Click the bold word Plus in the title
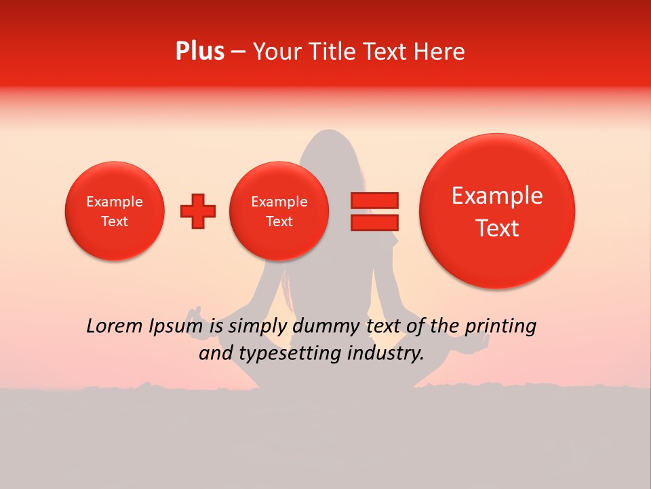pos(199,52)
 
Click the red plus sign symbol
pos(198,211)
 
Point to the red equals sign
pos(374,211)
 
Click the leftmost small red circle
pos(115,211)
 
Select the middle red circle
pos(279,211)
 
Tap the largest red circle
pos(497,211)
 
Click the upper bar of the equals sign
pos(374,200)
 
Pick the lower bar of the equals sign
pos(374,222)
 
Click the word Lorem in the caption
pos(115,327)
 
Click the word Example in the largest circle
pos(497,196)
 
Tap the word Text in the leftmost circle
pos(115,221)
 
